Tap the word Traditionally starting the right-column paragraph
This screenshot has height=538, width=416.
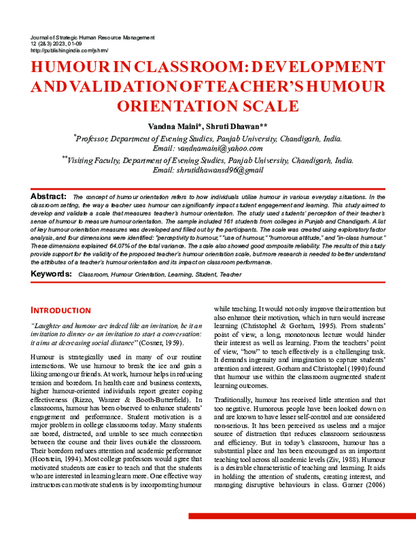(x=236, y=400)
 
